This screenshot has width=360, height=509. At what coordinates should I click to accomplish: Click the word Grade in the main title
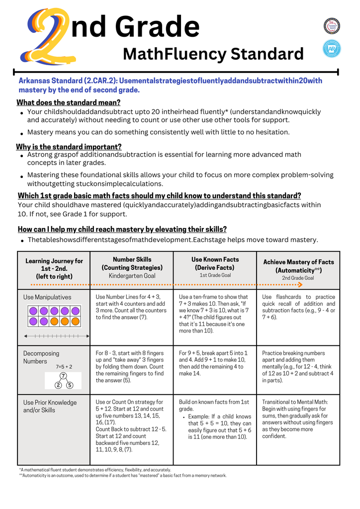point(154,26)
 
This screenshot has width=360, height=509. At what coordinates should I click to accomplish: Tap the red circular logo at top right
point(332,26)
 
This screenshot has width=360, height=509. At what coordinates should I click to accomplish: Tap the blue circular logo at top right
point(332,48)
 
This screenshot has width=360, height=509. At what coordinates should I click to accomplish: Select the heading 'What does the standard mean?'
point(69,102)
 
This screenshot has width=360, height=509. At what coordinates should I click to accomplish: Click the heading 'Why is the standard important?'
point(69,147)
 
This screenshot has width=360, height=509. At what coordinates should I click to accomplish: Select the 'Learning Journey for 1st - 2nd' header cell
point(54,268)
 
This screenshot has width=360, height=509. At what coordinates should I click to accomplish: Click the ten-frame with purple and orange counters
point(54,317)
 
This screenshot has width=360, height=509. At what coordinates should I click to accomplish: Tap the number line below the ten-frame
point(54,337)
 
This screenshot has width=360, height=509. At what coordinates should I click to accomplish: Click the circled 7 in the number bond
point(64,375)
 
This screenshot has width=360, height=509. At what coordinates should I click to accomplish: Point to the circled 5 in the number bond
point(70,385)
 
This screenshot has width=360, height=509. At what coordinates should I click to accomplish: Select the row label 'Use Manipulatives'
point(47,297)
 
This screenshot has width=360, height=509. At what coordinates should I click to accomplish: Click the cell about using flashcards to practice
point(298,307)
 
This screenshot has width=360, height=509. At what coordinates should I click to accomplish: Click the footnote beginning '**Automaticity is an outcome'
point(122,475)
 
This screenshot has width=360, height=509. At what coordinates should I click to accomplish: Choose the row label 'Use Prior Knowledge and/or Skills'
point(50,406)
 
